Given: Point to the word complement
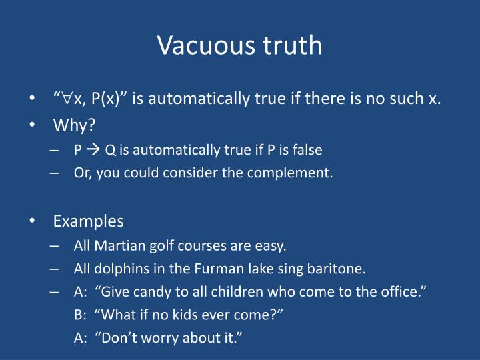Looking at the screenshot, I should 300,173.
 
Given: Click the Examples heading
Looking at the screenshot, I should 89,221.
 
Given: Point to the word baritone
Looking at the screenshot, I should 337,269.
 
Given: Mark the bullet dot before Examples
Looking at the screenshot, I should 33,221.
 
